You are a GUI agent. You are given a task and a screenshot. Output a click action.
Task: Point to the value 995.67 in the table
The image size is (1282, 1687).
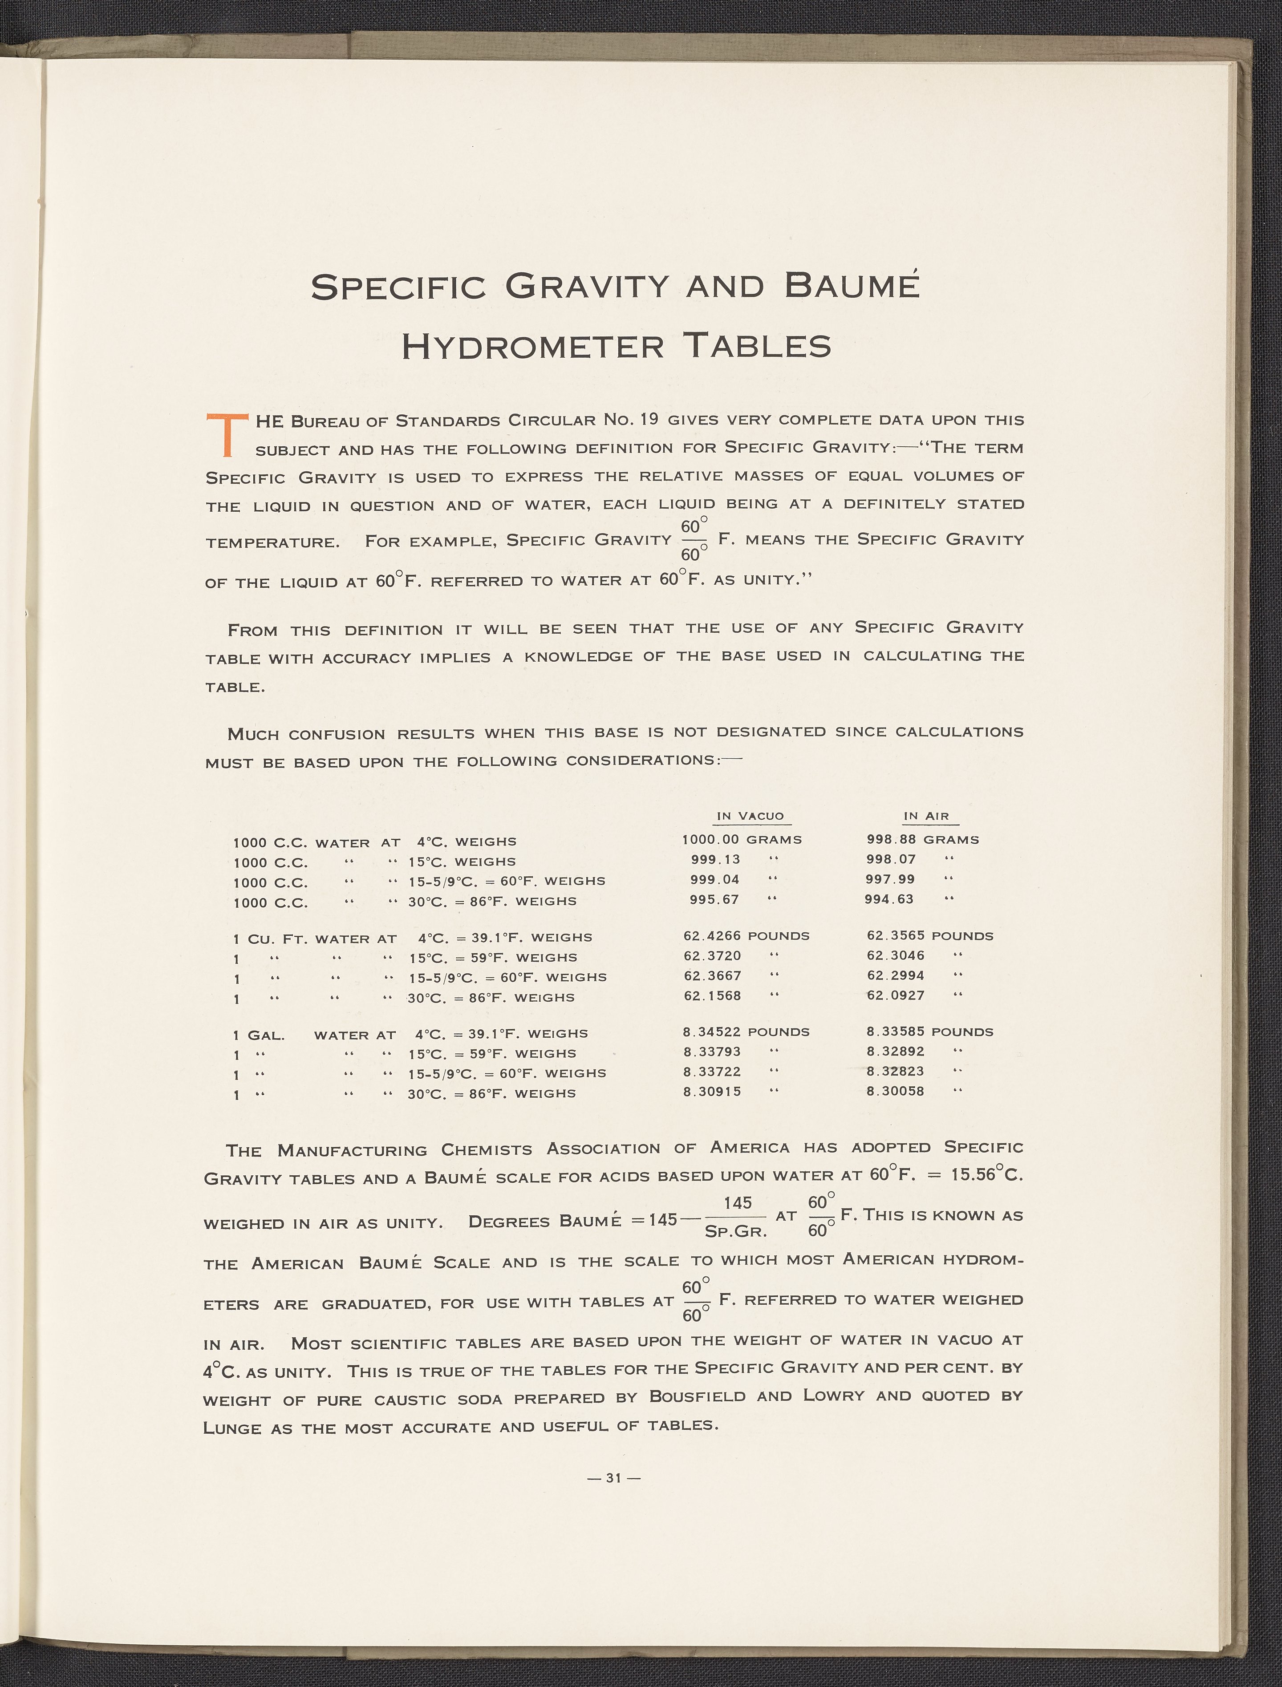[714, 899]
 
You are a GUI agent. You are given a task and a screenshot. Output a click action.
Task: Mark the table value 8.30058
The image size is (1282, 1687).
[895, 1091]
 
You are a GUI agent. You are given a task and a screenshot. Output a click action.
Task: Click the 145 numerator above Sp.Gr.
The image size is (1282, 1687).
[737, 1203]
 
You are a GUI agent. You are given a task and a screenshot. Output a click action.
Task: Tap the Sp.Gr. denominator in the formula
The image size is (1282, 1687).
[736, 1231]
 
